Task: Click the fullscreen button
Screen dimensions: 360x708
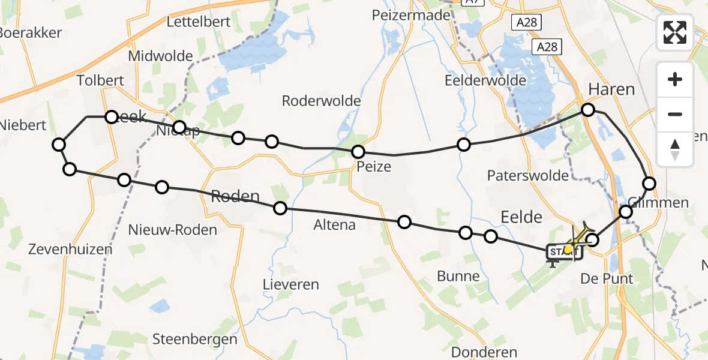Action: point(675,32)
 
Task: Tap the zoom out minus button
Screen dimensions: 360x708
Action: point(675,114)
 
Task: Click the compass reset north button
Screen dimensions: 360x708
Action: point(675,149)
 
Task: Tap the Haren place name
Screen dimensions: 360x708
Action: point(611,89)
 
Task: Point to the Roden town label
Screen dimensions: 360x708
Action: point(235,196)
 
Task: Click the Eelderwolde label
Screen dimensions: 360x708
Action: point(485,80)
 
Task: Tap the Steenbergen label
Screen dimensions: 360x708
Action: point(194,338)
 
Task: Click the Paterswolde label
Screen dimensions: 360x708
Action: point(527,175)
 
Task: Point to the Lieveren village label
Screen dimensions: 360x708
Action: point(291,284)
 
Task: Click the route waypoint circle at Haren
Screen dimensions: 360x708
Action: point(588,110)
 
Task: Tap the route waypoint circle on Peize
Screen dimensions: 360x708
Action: point(358,152)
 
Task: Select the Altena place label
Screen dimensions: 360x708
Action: point(334,225)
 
